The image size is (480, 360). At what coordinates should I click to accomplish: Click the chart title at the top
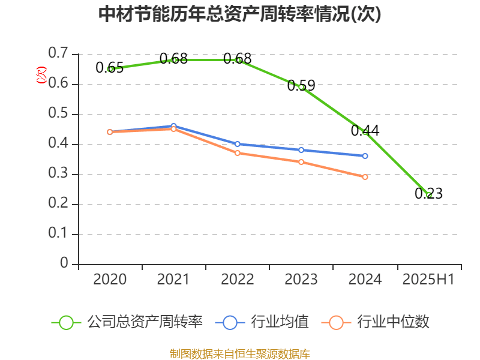point(239,14)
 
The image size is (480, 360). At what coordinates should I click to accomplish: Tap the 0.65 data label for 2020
point(109,68)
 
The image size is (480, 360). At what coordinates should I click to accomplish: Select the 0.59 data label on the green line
point(301,86)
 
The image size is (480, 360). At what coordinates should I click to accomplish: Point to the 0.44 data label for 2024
point(365,130)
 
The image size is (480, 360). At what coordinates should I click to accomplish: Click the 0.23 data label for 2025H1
point(428,193)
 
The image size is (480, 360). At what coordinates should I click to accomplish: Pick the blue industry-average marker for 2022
point(238,144)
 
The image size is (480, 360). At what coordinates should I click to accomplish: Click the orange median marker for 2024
point(365,177)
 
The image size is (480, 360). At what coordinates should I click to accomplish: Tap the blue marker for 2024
point(365,156)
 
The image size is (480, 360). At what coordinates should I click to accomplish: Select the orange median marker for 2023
point(301,162)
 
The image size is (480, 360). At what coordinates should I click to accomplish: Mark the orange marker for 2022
point(238,153)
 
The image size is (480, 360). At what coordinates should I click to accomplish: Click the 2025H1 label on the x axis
point(428,280)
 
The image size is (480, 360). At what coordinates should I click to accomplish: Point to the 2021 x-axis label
point(173,280)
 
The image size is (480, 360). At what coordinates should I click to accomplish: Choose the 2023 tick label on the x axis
point(301,280)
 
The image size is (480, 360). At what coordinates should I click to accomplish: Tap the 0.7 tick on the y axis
point(58,54)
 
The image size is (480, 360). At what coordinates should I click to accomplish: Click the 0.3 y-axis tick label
point(58,175)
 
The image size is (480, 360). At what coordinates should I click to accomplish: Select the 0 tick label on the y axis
point(64,264)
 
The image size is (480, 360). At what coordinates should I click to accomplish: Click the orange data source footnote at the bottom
point(239,353)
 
